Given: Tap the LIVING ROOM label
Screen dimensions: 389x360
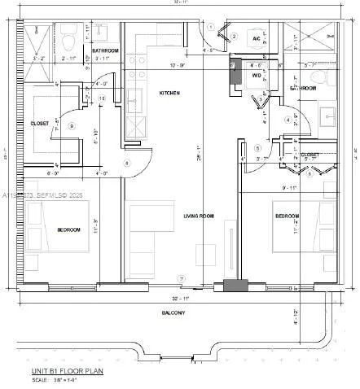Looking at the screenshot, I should tap(198, 216).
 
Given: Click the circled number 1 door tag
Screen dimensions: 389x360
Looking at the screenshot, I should tap(210, 27).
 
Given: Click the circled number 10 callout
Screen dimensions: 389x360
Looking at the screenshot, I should tap(102, 98).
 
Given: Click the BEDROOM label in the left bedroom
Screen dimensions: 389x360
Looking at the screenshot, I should tap(68, 230).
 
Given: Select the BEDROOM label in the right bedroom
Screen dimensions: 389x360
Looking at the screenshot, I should tap(287, 216).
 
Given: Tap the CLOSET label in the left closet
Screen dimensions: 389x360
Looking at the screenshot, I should tap(39, 124).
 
